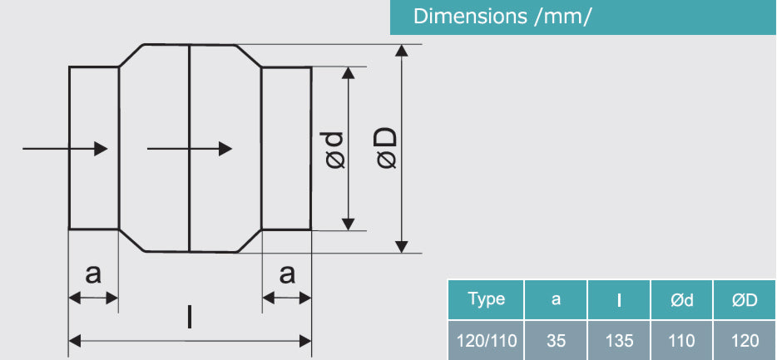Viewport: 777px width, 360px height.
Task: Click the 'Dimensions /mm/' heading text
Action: click(x=502, y=17)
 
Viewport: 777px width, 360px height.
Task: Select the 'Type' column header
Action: click(x=487, y=299)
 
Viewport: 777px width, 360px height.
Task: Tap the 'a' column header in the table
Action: click(x=555, y=299)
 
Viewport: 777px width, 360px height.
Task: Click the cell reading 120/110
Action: click(x=487, y=340)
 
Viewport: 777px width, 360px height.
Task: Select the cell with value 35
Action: click(x=555, y=340)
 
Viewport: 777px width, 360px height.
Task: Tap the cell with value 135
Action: click(x=619, y=340)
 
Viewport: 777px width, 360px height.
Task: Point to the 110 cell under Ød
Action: click(x=681, y=340)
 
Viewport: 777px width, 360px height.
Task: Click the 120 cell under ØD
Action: click(x=745, y=340)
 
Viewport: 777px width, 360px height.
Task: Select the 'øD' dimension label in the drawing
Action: click(x=387, y=150)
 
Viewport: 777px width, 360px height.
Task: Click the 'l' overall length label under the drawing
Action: click(x=190, y=317)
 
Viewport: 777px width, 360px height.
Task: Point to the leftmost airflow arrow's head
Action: click(x=101, y=148)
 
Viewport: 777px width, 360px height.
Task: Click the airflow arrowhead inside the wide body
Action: click(x=225, y=148)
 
